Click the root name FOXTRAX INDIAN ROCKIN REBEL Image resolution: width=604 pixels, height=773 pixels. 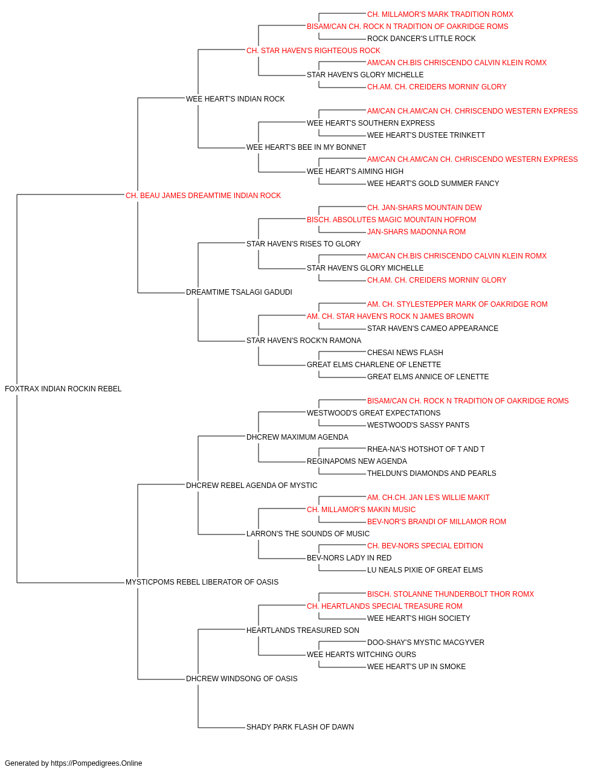[x=63, y=389]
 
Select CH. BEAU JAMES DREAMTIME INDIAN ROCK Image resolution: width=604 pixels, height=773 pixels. [x=203, y=196]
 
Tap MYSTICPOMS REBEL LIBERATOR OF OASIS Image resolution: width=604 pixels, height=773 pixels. [x=202, y=582]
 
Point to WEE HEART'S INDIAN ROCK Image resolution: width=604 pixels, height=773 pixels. [x=235, y=99]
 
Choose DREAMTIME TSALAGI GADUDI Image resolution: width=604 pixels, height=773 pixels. [x=239, y=292]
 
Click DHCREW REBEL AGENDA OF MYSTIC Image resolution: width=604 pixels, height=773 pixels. [x=251, y=485]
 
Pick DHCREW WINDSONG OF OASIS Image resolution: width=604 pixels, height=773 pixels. [x=242, y=678]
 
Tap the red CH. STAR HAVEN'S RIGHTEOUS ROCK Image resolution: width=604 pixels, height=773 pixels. [x=313, y=51]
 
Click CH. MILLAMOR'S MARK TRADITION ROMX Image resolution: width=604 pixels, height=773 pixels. [x=440, y=14]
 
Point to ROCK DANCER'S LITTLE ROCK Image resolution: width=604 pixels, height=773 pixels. [x=421, y=39]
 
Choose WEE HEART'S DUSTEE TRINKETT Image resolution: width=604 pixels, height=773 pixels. [x=426, y=135]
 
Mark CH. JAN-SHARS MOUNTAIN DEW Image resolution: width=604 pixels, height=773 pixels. [x=425, y=207]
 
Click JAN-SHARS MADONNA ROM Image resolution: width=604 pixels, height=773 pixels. [x=416, y=231]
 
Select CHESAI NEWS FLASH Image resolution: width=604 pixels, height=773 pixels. [x=405, y=353]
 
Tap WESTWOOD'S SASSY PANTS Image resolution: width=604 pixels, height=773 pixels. [x=418, y=425]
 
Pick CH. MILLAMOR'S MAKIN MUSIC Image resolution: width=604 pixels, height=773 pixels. [x=361, y=510]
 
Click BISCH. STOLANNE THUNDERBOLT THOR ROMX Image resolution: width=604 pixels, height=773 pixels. [x=451, y=594]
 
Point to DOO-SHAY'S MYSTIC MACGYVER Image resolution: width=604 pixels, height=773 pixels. [x=425, y=642]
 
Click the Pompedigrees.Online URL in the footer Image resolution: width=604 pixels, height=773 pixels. [x=97, y=763]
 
